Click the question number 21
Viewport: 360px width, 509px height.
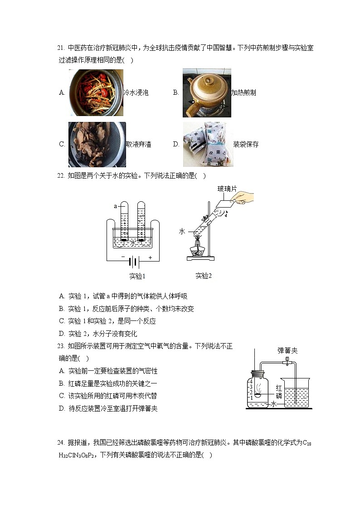(x=62, y=48)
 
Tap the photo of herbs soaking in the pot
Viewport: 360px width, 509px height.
(x=96, y=93)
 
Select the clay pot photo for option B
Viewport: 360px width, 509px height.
(x=206, y=93)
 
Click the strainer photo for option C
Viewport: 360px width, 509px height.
(x=97, y=145)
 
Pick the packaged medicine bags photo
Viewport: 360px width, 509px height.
(x=207, y=145)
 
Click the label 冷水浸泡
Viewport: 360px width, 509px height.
(x=136, y=93)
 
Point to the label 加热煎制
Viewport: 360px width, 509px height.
(x=243, y=93)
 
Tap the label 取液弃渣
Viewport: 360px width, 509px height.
(x=139, y=145)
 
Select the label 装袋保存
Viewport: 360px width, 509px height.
(x=246, y=145)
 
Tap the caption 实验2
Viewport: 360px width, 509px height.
(x=204, y=276)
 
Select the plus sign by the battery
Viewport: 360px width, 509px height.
(x=150, y=257)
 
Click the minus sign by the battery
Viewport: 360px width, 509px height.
(x=123, y=257)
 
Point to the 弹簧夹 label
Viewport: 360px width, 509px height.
(x=287, y=350)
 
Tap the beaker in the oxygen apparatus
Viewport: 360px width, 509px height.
(x=295, y=392)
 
